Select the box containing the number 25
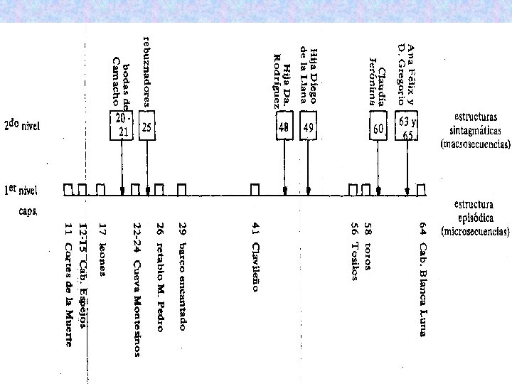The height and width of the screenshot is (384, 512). pos(147,127)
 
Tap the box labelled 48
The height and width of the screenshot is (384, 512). pos(284,127)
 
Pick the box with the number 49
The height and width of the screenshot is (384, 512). pos(308,127)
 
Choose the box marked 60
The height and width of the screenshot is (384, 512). pos(378,128)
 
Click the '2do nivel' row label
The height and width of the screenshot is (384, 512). pos(23,127)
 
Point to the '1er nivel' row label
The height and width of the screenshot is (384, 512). pos(21,190)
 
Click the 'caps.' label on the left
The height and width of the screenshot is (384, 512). pos(29,212)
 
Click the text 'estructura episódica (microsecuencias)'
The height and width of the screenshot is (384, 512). pos(475,218)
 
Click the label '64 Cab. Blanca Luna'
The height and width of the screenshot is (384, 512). pos(422,270)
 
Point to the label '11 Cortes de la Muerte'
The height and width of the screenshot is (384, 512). pos(68,284)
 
